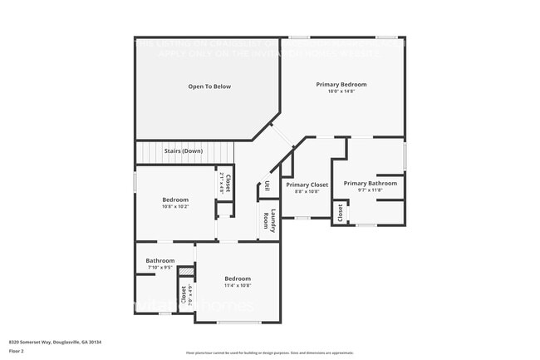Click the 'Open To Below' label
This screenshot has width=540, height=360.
click(209, 86)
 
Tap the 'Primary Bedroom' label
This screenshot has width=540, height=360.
click(341, 85)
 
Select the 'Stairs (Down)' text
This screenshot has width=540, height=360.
click(183, 150)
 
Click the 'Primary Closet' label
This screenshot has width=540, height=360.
click(307, 185)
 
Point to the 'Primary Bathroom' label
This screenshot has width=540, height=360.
click(370, 183)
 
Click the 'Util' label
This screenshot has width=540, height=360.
click(267, 188)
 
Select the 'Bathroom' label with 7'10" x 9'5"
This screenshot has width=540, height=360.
click(160, 260)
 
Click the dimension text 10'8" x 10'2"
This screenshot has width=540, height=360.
click(175, 206)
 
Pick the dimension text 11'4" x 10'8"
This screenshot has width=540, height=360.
click(238, 285)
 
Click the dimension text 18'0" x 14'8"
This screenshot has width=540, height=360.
click(341, 91)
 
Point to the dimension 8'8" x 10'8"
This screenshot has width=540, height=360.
click(307, 191)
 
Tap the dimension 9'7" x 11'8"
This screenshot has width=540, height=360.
click(370, 190)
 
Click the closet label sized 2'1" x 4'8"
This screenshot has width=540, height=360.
click(225, 183)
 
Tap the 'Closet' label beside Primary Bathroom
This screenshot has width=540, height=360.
click(341, 213)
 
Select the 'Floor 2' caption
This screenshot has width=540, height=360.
click(17, 350)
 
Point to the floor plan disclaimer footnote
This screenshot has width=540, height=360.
click(269, 353)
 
